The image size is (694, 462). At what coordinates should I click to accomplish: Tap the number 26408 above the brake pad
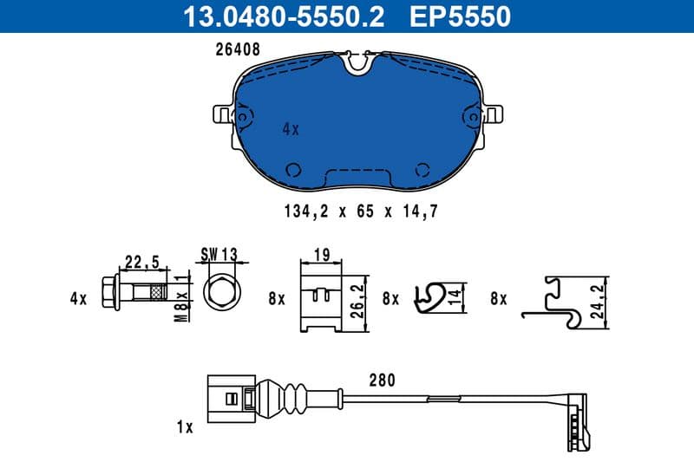coord(238,50)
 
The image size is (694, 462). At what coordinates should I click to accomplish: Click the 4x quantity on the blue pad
coord(290,129)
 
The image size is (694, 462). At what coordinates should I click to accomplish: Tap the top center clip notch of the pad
coord(357,62)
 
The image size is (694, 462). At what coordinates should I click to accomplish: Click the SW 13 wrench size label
coord(219,254)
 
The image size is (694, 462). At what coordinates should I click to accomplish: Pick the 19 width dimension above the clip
coord(320,254)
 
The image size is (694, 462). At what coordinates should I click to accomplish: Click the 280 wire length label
coord(382,380)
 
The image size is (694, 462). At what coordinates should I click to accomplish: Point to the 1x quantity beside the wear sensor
coord(183,427)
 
